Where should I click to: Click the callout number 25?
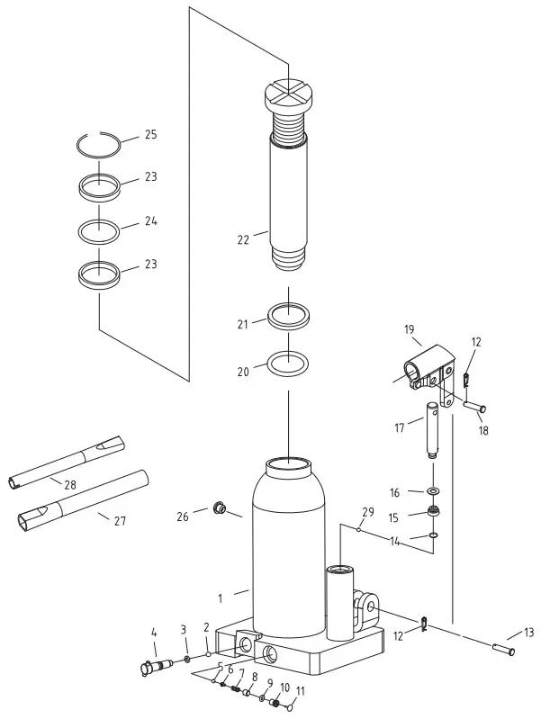(150, 135)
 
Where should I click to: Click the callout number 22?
(242, 239)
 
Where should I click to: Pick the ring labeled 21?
(288, 318)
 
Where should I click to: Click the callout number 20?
(242, 371)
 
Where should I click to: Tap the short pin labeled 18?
(473, 407)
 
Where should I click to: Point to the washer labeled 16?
(435, 491)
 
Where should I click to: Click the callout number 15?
(393, 517)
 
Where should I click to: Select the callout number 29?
(367, 512)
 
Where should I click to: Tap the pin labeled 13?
(503, 646)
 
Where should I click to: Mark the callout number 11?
(301, 691)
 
